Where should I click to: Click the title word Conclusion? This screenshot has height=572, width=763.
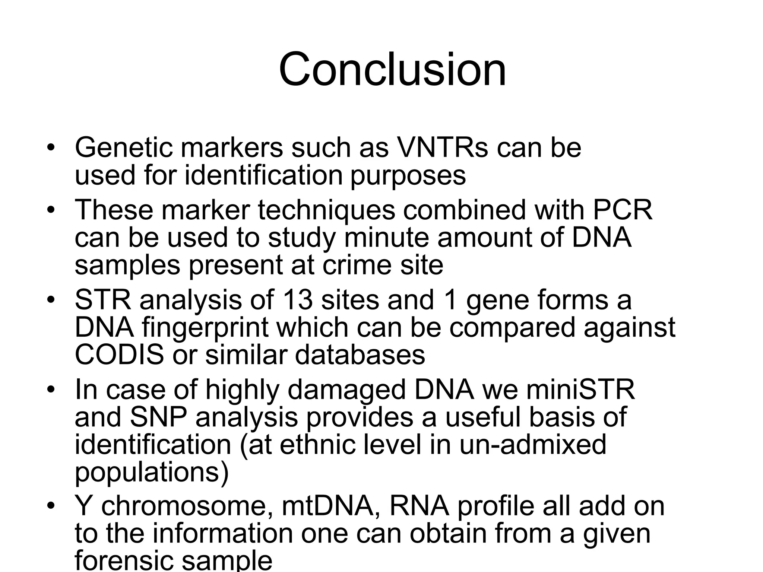click(x=392, y=70)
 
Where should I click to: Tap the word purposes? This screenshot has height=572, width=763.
click(x=408, y=175)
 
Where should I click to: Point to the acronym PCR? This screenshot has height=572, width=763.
click(x=623, y=210)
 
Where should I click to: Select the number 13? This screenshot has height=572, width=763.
click(x=298, y=300)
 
